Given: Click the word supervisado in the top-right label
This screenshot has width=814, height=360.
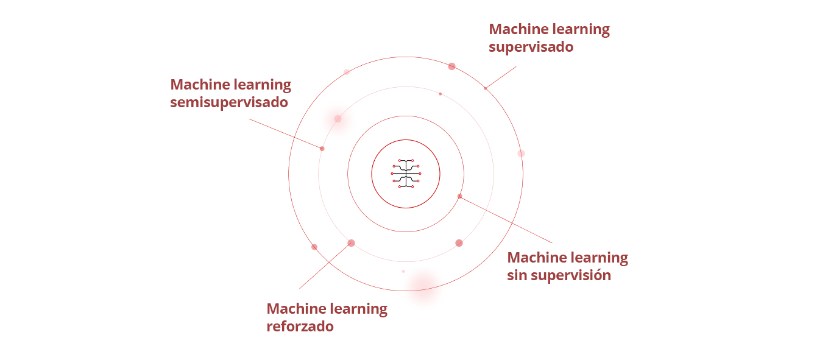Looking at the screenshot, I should pos(531,47).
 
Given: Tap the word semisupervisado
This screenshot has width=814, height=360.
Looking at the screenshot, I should pos(228,102).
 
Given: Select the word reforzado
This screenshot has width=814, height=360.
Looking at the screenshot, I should pos(300,326).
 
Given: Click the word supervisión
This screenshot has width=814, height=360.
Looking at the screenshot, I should pos(571,275).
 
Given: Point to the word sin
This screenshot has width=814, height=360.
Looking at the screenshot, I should pos(517,275).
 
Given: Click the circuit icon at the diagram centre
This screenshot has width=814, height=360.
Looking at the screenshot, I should pos(406,174).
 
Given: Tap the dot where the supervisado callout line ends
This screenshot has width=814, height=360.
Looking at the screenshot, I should pos(486,88).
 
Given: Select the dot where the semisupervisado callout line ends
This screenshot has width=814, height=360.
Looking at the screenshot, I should pos(322,149).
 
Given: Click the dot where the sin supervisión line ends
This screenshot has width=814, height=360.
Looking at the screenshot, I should pos(460,196).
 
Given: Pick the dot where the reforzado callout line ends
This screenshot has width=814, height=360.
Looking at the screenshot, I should pos(351,243).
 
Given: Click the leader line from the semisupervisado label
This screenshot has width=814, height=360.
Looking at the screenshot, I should pos(285,133).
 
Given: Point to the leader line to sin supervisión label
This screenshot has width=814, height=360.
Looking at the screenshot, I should pos(506,219).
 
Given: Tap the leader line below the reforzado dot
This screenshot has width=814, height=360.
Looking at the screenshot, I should pos(325,266).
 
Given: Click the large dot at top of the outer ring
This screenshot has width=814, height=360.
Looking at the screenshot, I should pos(451,66).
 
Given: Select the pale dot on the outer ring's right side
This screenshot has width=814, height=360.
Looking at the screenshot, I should pos(521,154).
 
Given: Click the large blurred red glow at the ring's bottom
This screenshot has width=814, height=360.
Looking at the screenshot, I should pos(423,284).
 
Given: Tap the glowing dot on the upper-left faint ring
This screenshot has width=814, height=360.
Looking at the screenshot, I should pos(338,119).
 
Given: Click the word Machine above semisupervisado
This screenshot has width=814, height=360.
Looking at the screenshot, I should pos(200,84).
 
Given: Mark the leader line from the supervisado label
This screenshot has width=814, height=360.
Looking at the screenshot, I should pos(501,77).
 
